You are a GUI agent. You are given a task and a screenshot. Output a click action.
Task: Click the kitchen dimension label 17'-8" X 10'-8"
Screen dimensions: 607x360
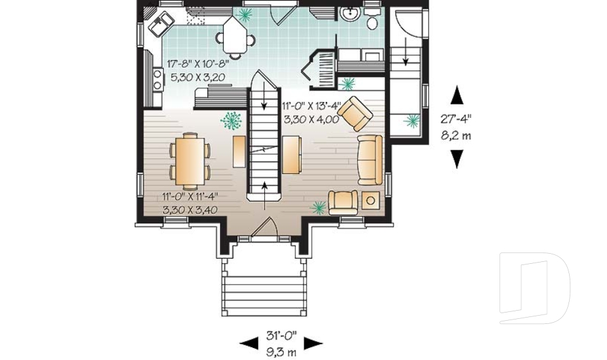pyautogui.click(x=198, y=63)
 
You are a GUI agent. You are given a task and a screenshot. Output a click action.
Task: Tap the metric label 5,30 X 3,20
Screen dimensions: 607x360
pyautogui.click(x=197, y=77)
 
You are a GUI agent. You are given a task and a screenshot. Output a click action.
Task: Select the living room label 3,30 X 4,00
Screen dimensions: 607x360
pyautogui.click(x=311, y=120)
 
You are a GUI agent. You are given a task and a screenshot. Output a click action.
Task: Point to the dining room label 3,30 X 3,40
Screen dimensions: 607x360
pyautogui.click(x=190, y=210)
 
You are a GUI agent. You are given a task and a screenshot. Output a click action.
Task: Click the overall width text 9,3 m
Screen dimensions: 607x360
pyautogui.click(x=281, y=352)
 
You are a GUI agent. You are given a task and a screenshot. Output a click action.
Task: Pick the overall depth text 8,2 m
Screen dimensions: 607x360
pyautogui.click(x=456, y=135)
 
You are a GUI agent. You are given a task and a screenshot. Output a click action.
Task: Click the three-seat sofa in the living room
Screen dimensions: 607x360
pyautogui.click(x=370, y=159)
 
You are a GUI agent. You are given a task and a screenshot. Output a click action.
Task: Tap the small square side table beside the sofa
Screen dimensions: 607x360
pyautogui.click(x=371, y=201)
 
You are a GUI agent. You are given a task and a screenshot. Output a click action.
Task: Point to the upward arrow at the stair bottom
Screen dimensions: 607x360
pyautogui.click(x=265, y=196)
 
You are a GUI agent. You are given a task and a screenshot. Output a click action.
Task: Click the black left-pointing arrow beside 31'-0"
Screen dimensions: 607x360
pyautogui.click(x=248, y=343)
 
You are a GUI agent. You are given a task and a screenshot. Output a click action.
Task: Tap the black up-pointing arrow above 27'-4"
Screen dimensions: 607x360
pyautogui.click(x=457, y=95)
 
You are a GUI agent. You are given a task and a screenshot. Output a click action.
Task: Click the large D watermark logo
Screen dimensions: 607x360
pyautogui.click(x=535, y=289)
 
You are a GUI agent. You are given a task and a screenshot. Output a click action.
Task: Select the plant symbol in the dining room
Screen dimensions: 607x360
pyautogui.click(x=231, y=120)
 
